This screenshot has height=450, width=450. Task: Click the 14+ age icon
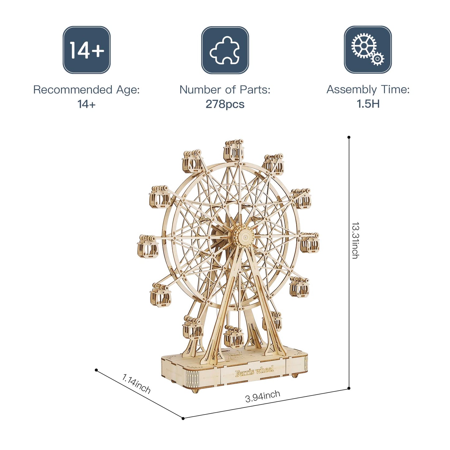coord(87,50)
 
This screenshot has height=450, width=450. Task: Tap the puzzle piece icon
coord(225,50)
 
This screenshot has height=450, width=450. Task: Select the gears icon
coord(367,50)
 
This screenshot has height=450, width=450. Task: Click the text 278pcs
coord(225,104)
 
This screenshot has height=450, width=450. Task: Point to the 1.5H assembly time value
coord(368,104)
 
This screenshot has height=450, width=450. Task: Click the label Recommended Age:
coord(86,90)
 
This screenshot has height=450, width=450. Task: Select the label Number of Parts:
coord(225,90)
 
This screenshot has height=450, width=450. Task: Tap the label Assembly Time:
coord(368,90)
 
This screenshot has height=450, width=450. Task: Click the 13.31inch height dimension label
coord(355,240)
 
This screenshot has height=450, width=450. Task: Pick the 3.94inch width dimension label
coord(263,396)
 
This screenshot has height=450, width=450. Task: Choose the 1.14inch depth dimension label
coord(136,384)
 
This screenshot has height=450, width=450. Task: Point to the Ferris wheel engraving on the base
coord(254,371)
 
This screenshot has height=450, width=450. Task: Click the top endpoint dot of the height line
coord(349,137)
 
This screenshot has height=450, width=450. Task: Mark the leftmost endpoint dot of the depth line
coord(96,370)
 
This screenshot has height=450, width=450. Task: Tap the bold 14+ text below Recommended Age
coord(86,104)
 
